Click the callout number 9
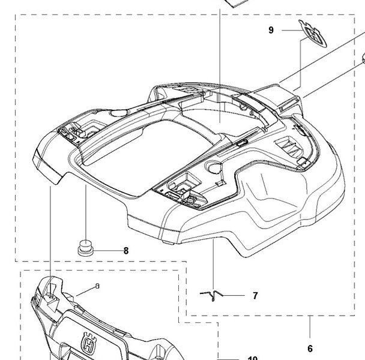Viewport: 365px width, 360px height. (x=271, y=30)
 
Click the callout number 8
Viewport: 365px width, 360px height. (x=126, y=251)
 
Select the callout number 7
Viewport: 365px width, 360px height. (x=255, y=295)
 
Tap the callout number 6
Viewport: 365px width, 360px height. (x=310, y=349)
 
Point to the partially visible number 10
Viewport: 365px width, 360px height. (x=252, y=358)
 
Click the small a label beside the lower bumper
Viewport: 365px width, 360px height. (x=97, y=287)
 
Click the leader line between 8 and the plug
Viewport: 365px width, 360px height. (x=106, y=251)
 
